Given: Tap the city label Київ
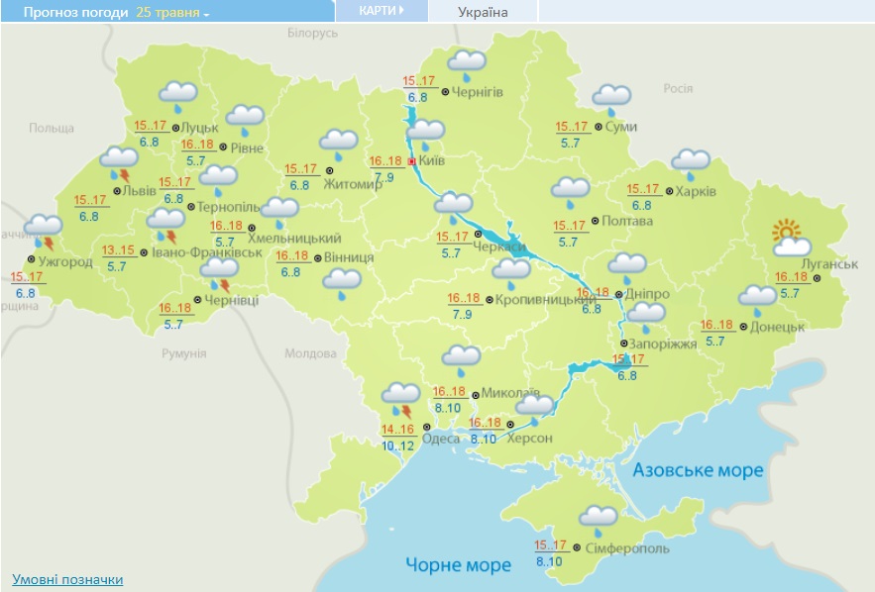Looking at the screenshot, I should point(432,160).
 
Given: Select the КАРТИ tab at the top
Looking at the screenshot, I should point(382,11).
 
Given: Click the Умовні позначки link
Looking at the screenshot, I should point(67,579).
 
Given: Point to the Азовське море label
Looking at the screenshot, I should point(699,469).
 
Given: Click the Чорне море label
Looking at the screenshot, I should point(458,564).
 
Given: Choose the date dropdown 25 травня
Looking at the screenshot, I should point(173,13).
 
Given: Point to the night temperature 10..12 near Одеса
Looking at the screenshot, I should point(398,445).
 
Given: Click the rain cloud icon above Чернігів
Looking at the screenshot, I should point(466,64).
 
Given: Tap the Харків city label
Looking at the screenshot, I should point(696,191).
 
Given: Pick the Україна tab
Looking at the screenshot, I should point(483,12).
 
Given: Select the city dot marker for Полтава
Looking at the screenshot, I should point(595,221).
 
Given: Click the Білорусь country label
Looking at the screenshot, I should point(312,33).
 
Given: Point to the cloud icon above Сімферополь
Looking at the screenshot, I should point(600,516).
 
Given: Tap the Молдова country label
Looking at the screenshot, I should point(310,353).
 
